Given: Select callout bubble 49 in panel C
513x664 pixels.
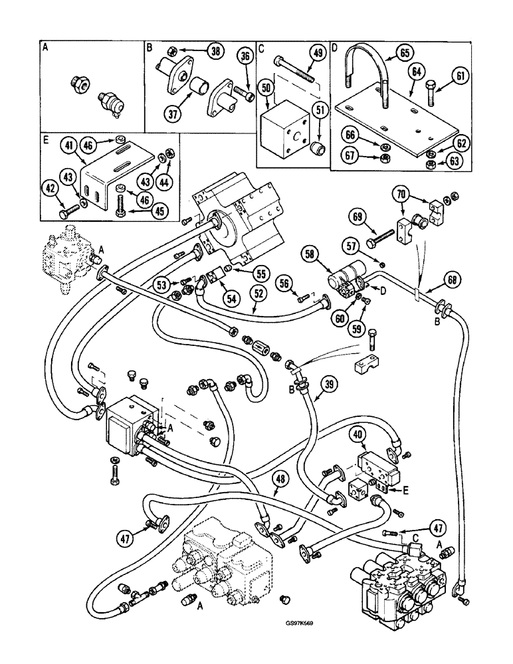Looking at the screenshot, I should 317,55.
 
